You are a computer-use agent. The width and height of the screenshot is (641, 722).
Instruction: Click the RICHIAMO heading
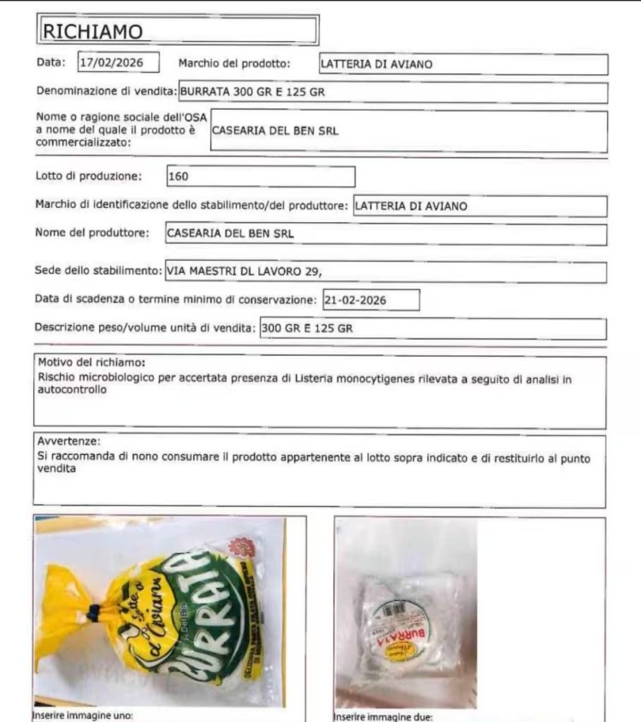[93, 31]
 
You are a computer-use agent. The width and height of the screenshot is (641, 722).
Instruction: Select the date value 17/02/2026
[111, 63]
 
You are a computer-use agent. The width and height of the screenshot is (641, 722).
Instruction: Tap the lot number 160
[178, 176]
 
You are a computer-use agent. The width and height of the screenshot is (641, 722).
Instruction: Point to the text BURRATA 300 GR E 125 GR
[252, 92]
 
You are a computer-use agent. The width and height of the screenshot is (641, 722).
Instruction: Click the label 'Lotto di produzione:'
[89, 176]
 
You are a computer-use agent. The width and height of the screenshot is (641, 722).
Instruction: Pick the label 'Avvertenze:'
[69, 442]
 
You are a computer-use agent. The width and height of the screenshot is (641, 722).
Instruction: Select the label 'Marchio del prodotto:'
[234, 63]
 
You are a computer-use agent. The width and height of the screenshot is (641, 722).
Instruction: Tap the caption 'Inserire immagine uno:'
[83, 716]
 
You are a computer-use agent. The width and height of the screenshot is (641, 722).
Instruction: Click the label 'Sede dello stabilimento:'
[98, 271]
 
